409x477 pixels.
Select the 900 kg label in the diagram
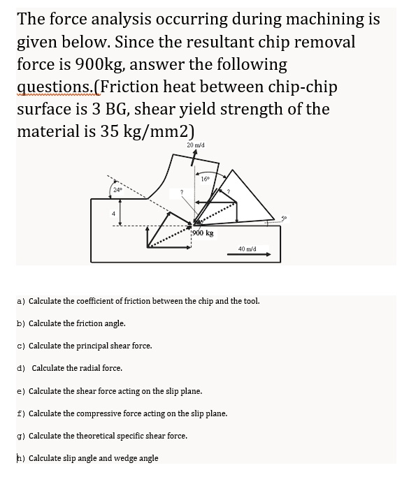[x=203, y=233]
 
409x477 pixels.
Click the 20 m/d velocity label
[x=196, y=145]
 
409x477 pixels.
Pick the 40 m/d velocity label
[x=247, y=248]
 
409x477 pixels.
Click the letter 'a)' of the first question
[x=20, y=301]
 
